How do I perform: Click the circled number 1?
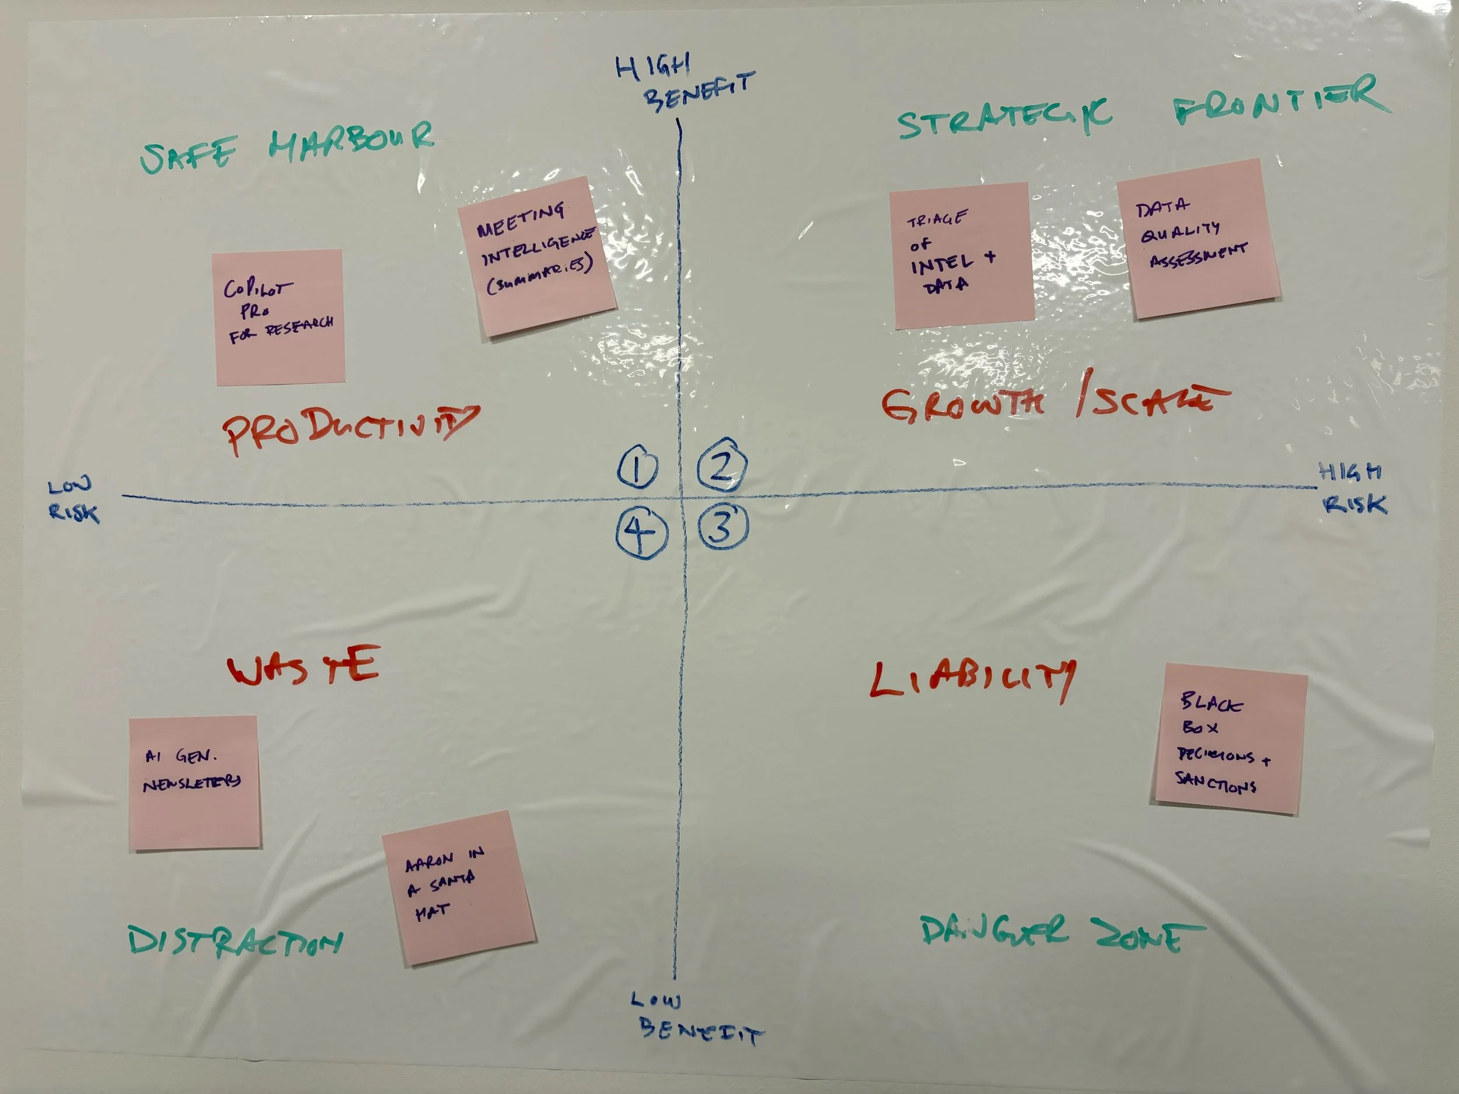[637, 467]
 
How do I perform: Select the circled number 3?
[723, 527]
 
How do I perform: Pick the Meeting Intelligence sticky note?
[536, 256]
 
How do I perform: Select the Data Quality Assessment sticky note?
[1198, 239]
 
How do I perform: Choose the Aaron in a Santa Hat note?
[458, 887]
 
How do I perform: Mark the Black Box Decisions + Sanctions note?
[1230, 739]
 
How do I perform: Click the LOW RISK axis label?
[73, 501]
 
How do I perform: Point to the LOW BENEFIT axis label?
[696, 1018]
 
